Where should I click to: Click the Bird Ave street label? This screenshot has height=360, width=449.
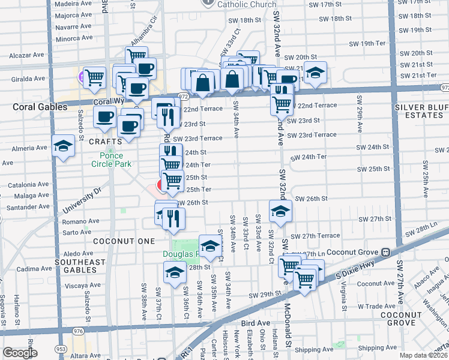click(256, 323)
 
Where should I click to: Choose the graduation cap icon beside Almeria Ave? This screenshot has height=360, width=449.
click(63, 146)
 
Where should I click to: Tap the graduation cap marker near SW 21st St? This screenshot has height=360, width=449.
click(315, 73)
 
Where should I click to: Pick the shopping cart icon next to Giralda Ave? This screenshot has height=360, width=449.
click(94, 77)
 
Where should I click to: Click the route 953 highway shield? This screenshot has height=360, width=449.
click(61, 349)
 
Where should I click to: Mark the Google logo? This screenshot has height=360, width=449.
click(20, 353)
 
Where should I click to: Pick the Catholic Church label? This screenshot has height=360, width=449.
click(247, 4)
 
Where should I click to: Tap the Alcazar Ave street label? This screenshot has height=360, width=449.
click(26, 55)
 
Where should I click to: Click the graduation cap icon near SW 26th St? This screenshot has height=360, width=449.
click(280, 211)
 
